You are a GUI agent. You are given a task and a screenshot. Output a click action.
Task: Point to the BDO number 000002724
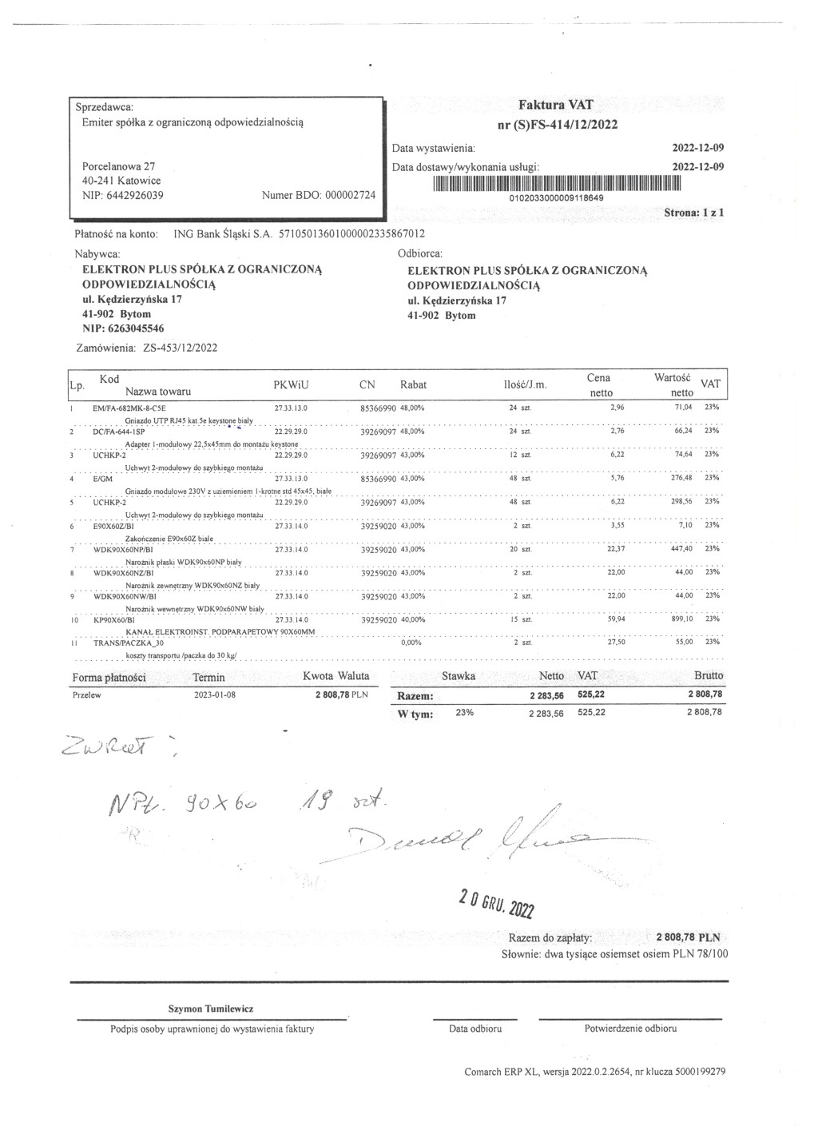(x=350, y=195)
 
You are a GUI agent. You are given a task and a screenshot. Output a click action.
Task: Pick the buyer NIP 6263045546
(x=124, y=328)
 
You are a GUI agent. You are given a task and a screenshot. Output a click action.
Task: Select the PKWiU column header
(x=291, y=384)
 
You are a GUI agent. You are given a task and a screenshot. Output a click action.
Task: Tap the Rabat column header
(x=413, y=384)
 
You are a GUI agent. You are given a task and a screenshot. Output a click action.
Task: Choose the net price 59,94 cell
(x=614, y=619)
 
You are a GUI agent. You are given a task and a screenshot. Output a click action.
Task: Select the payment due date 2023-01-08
(x=215, y=694)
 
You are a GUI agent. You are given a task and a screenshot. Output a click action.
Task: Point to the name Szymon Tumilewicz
(x=210, y=1009)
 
